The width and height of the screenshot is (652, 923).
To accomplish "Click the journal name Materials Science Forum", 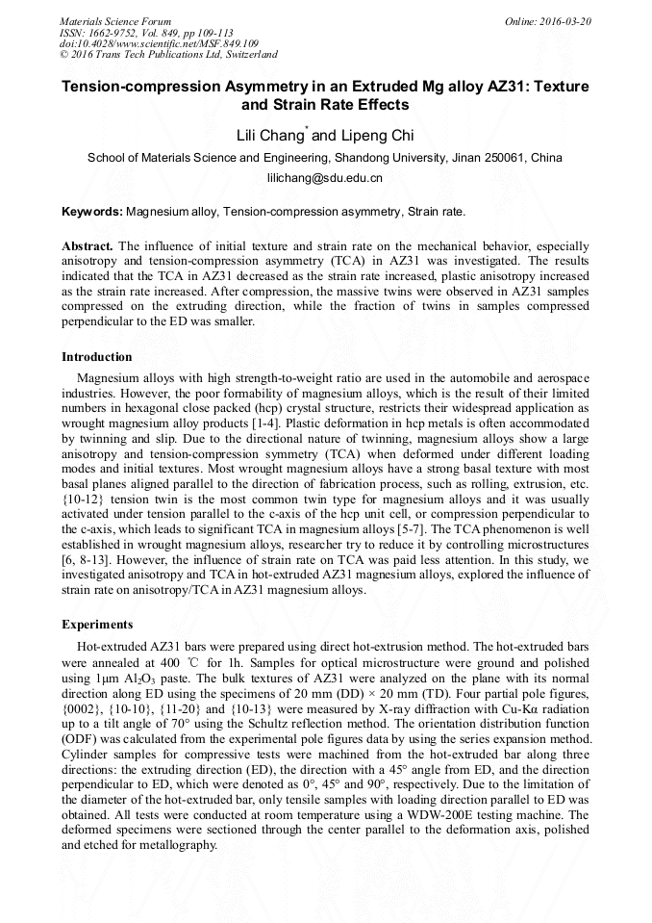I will (x=115, y=21).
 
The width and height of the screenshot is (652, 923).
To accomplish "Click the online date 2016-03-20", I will (x=565, y=21).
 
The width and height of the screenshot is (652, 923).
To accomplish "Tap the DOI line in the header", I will (x=160, y=44).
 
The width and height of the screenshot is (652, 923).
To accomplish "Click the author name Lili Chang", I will (x=270, y=136).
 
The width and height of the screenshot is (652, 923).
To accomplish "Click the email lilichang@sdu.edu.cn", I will (x=325, y=178).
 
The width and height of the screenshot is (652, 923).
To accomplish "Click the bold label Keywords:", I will (x=92, y=211).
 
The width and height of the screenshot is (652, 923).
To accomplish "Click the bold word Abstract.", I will (x=88, y=245).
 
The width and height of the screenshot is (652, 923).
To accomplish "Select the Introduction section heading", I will (x=97, y=357).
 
